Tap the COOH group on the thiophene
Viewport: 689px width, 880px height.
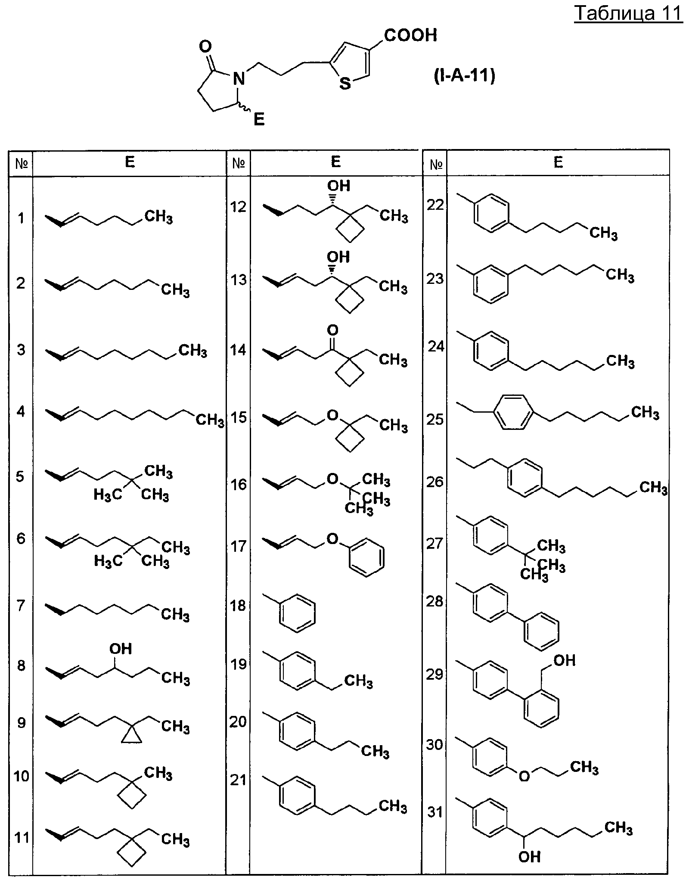pyautogui.click(x=411, y=35)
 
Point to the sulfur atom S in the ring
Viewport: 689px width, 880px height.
pyautogui.click(x=345, y=83)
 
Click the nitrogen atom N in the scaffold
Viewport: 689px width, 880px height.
pyautogui.click(x=238, y=78)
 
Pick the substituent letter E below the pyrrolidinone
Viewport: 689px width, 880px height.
pyautogui.click(x=259, y=119)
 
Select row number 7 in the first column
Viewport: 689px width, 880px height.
pyautogui.click(x=20, y=606)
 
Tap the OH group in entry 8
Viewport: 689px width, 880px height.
pyautogui.click(x=121, y=649)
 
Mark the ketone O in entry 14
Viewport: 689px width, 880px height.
pyautogui.click(x=332, y=330)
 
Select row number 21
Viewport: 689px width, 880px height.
pyautogui.click(x=238, y=780)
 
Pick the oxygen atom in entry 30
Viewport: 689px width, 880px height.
pyautogui.click(x=524, y=776)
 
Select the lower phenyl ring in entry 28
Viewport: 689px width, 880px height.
pyautogui.click(x=542, y=631)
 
